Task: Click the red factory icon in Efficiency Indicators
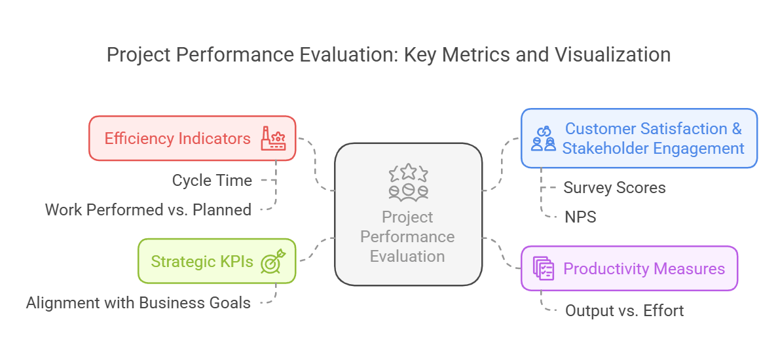[x=273, y=139]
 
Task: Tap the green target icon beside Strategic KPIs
[x=272, y=261]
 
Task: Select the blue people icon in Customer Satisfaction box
[x=544, y=139]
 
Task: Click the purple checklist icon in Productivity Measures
[x=544, y=268]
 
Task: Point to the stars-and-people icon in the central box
[x=408, y=182]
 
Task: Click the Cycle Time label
[x=212, y=181]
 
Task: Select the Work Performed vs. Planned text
[x=148, y=210]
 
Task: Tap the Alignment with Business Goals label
[x=138, y=303]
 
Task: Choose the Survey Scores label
[x=614, y=188]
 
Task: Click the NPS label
[x=580, y=217]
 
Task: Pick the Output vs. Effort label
[x=624, y=310]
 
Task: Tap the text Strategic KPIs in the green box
[x=202, y=261]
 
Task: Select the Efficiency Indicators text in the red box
[x=177, y=139]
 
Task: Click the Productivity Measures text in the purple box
[x=644, y=268]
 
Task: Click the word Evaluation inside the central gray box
[x=407, y=256]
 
